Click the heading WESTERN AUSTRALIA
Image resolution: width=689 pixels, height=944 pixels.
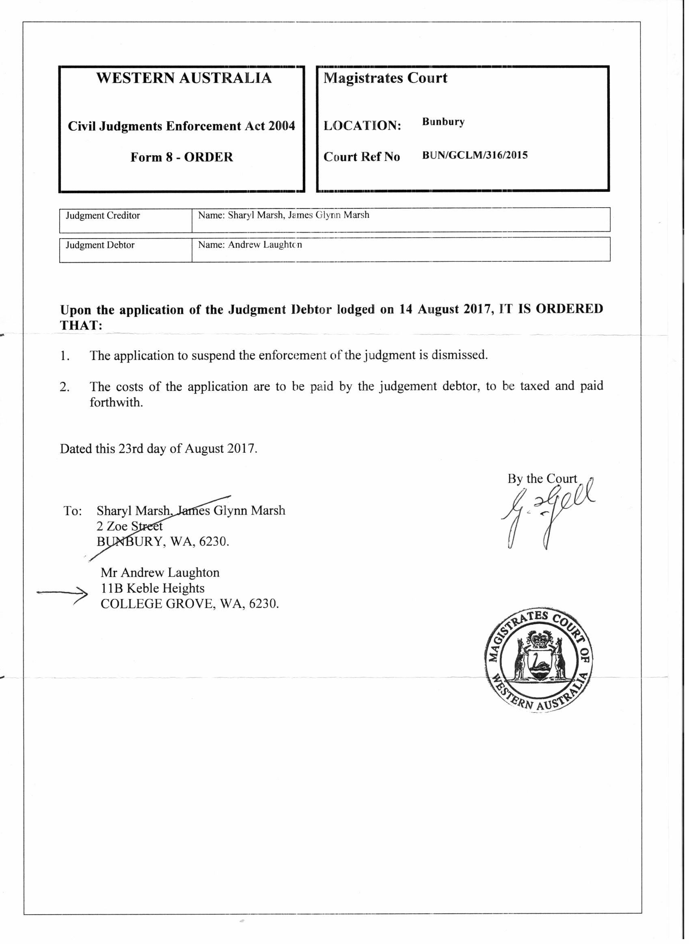click(184, 78)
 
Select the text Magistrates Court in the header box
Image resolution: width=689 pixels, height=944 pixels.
click(385, 78)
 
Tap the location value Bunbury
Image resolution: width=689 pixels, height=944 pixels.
click(443, 122)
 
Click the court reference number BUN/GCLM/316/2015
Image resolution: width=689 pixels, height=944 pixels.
click(475, 155)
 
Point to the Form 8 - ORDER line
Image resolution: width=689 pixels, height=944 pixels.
click(181, 157)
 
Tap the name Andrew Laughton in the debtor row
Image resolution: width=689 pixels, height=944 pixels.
click(265, 245)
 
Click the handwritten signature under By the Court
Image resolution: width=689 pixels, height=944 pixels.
click(546, 515)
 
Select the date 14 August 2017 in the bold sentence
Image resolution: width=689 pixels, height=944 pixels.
click(443, 309)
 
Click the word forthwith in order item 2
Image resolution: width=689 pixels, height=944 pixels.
click(116, 403)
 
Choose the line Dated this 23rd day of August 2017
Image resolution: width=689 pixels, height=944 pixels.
click(158, 449)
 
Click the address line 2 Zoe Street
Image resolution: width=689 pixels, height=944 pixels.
click(129, 526)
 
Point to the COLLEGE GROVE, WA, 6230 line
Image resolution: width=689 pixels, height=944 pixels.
click(189, 604)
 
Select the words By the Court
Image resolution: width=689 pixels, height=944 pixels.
click(542, 479)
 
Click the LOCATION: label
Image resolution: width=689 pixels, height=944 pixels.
click(362, 126)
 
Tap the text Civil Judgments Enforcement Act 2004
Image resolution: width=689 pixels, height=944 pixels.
click(181, 126)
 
